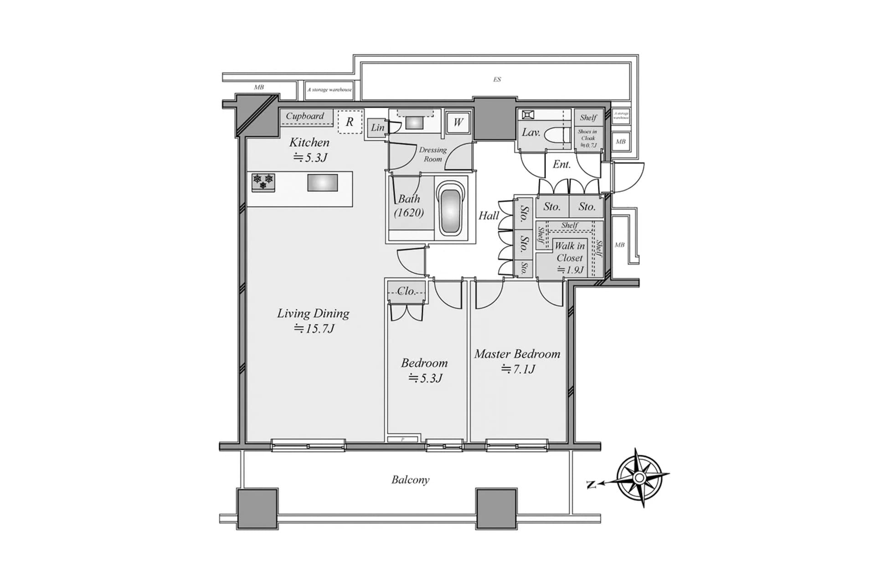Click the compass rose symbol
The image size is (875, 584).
pyautogui.click(x=639, y=478)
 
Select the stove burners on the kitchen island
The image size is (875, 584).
pyautogui.click(x=263, y=181)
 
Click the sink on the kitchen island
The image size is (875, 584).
pyautogui.click(x=322, y=182)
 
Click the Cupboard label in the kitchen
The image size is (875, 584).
pyautogui.click(x=305, y=116)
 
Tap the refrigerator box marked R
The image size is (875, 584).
pyautogui.click(x=350, y=121)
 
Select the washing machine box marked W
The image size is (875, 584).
pyautogui.click(x=458, y=122)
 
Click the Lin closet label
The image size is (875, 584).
pyautogui.click(x=377, y=128)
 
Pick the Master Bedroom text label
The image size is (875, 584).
pyautogui.click(x=517, y=354)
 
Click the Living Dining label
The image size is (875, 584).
pyautogui.click(x=313, y=313)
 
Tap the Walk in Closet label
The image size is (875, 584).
pyautogui.click(x=570, y=252)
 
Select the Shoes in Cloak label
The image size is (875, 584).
pyautogui.click(x=587, y=138)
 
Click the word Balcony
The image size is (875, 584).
pyautogui.click(x=410, y=480)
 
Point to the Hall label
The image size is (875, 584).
pyautogui.click(x=489, y=215)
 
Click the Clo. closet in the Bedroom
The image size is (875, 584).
pyautogui.click(x=406, y=291)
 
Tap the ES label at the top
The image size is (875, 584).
pyautogui.click(x=497, y=79)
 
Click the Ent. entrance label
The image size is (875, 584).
pyautogui.click(x=561, y=164)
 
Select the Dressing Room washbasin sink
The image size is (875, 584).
pyautogui.click(x=415, y=122)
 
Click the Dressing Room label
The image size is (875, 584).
pyautogui.click(x=432, y=154)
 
